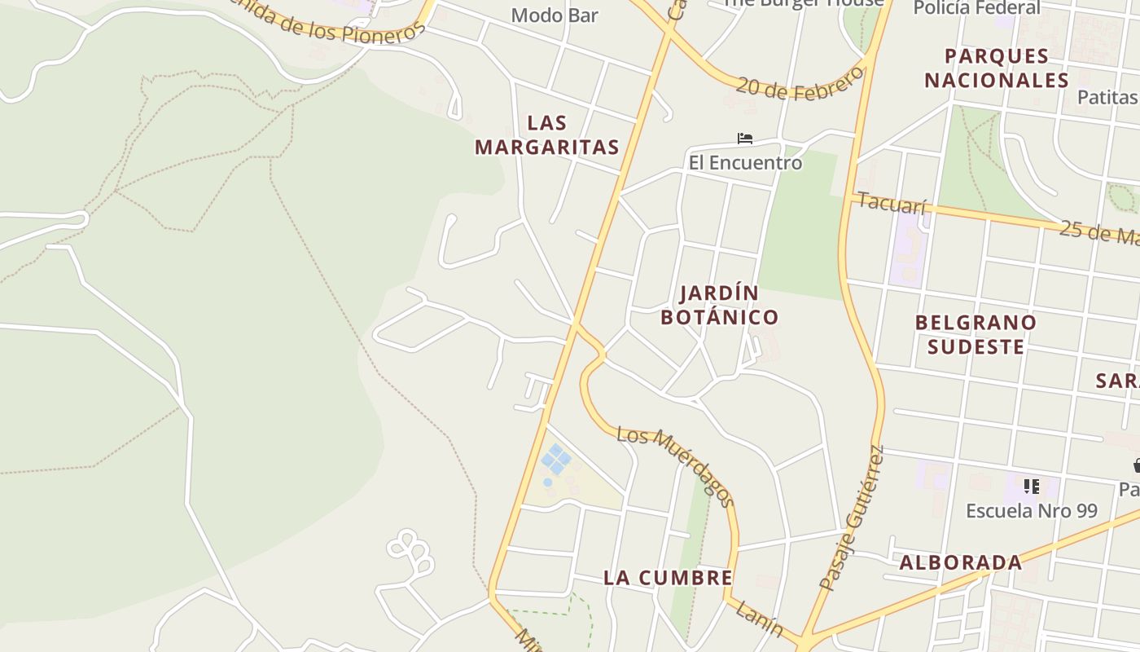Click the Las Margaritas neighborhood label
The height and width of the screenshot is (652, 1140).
click(547, 135)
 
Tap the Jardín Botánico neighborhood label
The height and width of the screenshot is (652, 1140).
click(719, 305)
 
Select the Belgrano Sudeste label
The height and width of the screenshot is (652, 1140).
click(976, 334)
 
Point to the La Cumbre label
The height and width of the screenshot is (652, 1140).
click(668, 578)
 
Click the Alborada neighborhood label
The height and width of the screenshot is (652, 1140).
click(961, 562)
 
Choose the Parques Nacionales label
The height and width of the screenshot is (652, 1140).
click(996, 68)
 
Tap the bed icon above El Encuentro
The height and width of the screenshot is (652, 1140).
click(744, 139)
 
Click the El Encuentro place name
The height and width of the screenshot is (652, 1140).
click(745, 163)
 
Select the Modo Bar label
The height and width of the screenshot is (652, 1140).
click(555, 15)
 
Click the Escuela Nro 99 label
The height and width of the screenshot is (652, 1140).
click(1031, 511)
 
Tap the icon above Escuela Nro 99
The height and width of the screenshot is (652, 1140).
click(1032, 487)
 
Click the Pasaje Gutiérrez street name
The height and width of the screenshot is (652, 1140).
click(852, 518)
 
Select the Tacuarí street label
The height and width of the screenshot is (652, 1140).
click(892, 203)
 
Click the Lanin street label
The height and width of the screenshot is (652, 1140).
click(759, 619)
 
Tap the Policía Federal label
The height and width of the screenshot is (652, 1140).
click(976, 8)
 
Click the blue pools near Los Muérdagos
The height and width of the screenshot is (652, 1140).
click(556, 459)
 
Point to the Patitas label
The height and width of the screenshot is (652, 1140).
click(1107, 97)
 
